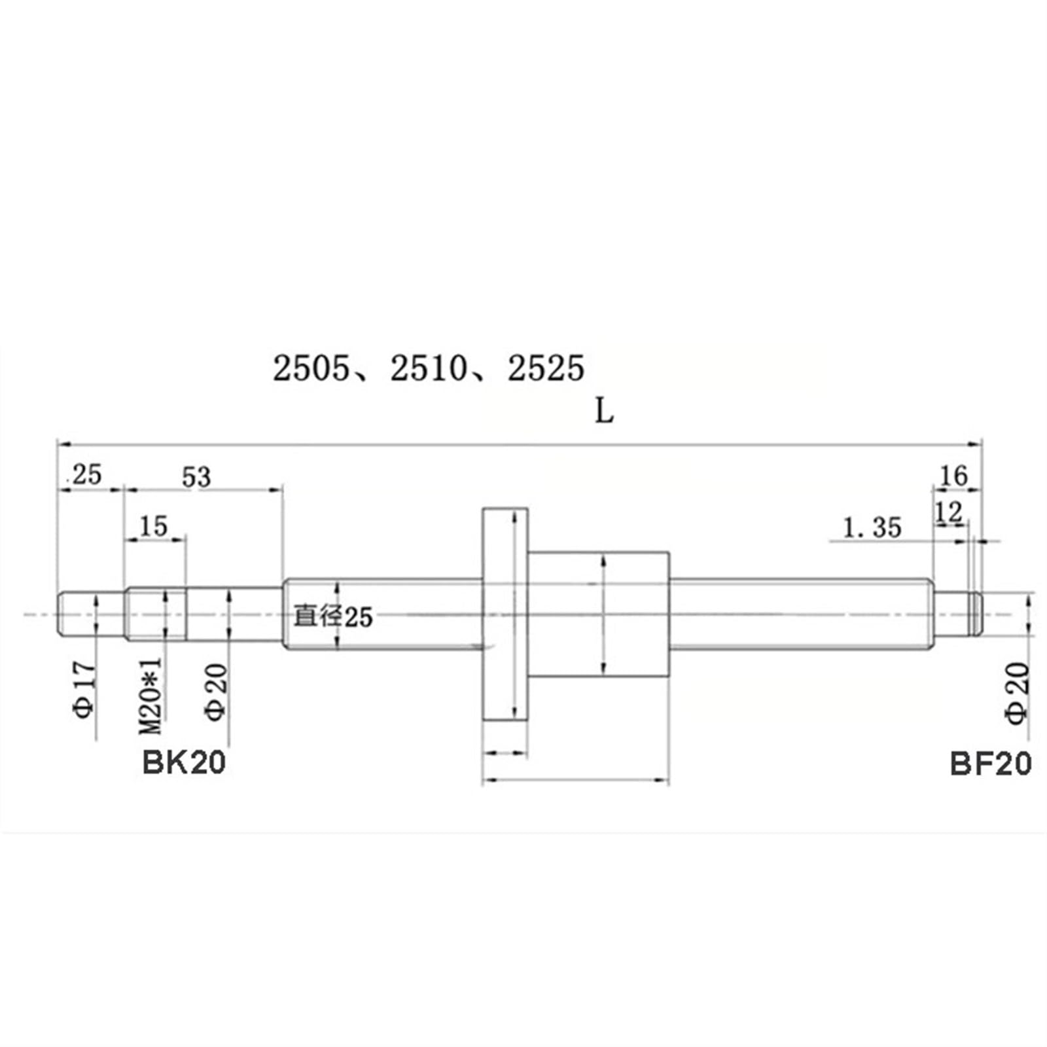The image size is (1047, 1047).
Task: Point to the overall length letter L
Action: (x=603, y=412)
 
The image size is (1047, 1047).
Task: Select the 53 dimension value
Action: (x=196, y=477)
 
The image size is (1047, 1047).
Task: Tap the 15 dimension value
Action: (x=154, y=526)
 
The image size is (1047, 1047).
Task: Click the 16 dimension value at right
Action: (x=953, y=476)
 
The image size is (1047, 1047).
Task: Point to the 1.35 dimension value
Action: (x=872, y=527)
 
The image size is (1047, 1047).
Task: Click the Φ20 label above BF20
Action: (x=1017, y=693)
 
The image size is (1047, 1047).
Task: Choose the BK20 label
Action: (x=184, y=762)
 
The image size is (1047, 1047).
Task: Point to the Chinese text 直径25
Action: (x=332, y=616)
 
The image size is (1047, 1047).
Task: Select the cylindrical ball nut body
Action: (x=599, y=615)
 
